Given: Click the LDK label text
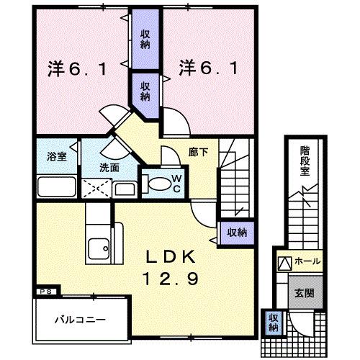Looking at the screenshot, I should (x=173, y=256).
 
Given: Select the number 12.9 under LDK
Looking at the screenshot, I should (x=173, y=278).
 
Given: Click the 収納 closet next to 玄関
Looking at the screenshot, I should (x=274, y=323).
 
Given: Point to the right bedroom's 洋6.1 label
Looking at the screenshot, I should (x=207, y=71).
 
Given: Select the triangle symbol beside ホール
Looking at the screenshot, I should (x=284, y=262).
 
